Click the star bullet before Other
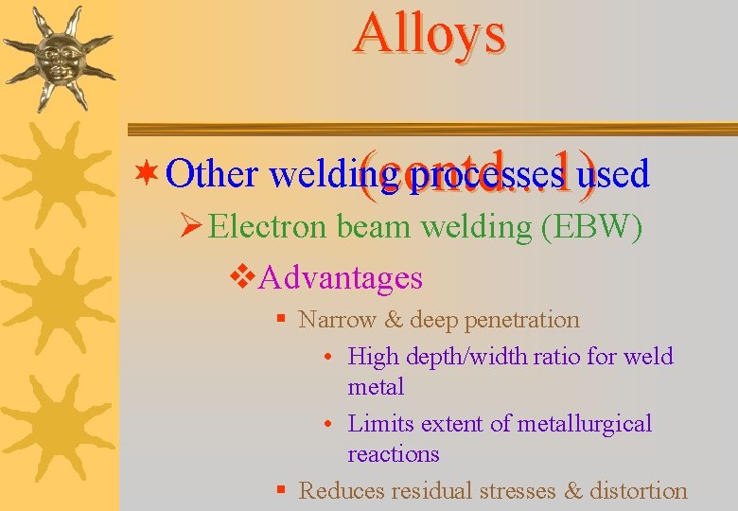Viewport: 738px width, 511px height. click(x=146, y=174)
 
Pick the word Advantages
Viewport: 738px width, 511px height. click(x=341, y=278)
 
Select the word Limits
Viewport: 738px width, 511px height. click(x=378, y=424)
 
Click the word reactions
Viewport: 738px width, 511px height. click(x=394, y=454)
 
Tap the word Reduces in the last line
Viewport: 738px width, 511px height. click(x=343, y=491)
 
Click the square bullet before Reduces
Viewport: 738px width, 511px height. click(x=281, y=490)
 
